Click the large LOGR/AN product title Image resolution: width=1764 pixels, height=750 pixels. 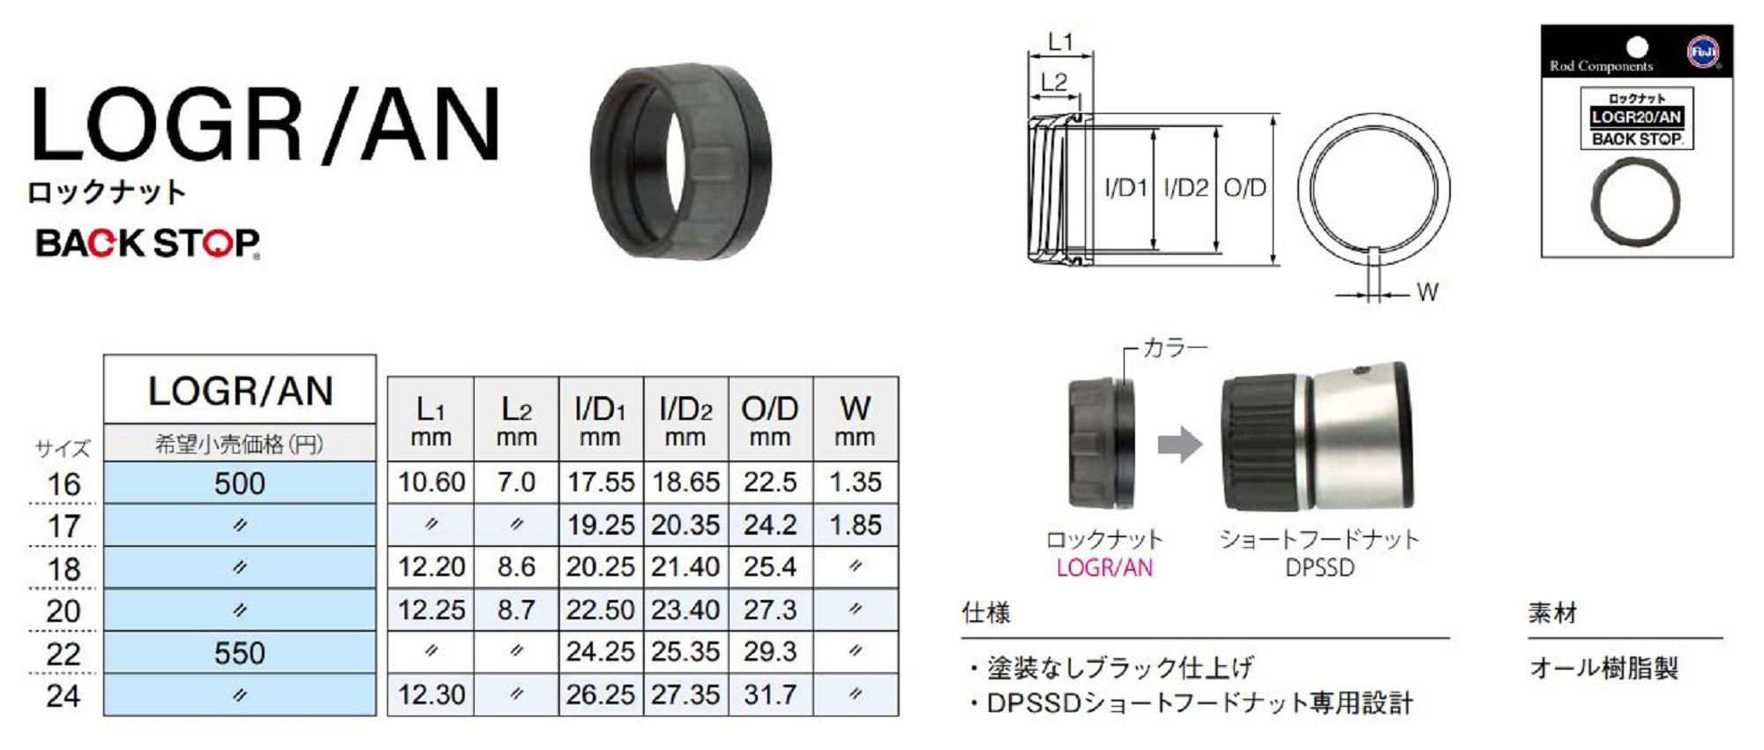265,124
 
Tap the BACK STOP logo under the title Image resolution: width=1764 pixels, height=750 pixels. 147,243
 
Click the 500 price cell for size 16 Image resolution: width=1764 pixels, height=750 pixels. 239,484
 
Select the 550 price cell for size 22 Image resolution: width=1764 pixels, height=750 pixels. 239,653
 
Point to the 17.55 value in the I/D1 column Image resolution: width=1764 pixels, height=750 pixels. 600,483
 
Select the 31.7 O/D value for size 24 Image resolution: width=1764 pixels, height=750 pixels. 769,695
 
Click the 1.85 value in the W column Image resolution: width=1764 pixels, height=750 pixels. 855,525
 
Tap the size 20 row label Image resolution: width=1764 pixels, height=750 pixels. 64,611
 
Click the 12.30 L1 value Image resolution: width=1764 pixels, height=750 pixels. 430,695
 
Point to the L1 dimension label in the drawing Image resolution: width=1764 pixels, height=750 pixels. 1059,41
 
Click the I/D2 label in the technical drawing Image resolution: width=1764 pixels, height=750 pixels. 1185,188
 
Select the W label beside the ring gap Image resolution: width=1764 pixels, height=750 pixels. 1426,292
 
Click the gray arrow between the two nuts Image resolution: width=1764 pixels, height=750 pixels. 1179,445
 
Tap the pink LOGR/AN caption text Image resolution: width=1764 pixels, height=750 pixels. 1104,568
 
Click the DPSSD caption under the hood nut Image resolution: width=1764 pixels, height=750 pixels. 1319,568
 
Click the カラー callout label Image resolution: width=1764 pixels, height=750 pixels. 1175,349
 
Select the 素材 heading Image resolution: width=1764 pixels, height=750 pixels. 1552,612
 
